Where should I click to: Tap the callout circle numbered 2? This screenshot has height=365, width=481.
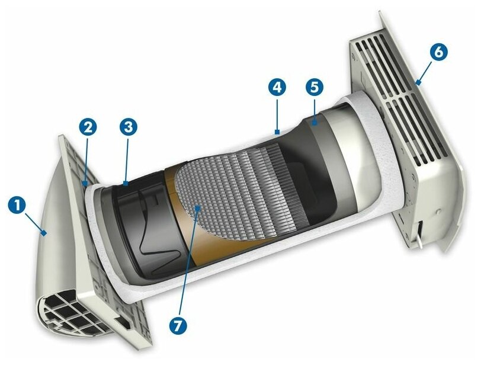[x=88, y=126]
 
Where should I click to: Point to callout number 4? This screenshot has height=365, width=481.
[x=277, y=88]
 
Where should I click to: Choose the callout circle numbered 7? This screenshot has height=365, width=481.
[x=177, y=325]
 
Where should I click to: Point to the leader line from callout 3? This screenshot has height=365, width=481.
[x=127, y=157]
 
